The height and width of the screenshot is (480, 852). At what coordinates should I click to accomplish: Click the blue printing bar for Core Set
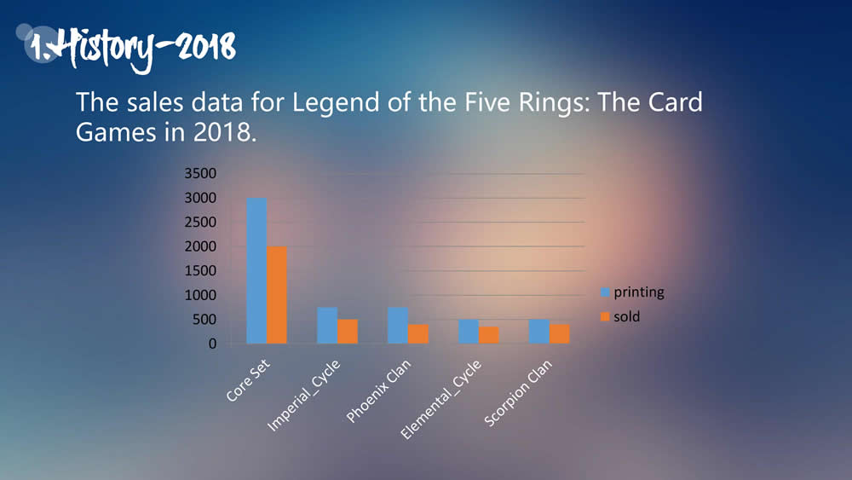[256, 270]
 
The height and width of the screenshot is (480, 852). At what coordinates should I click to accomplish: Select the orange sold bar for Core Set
[277, 295]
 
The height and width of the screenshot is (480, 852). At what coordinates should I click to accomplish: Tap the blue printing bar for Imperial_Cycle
[327, 326]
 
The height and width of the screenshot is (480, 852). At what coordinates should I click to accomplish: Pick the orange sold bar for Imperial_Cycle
[348, 332]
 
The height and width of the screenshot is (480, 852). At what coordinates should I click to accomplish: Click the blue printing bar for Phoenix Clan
[398, 326]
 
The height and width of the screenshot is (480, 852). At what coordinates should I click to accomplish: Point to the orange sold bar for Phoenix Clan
[418, 334]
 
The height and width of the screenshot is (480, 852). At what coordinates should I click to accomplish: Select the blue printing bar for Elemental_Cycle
[469, 332]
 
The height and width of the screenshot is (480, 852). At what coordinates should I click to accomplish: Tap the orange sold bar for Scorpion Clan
[560, 334]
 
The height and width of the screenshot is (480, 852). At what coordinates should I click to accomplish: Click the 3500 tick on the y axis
[201, 174]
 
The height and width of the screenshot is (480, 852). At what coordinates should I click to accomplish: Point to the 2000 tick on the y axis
[201, 247]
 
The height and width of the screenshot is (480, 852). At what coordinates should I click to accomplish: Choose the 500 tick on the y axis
[204, 321]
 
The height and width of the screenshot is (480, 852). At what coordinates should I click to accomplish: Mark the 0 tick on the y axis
[212, 344]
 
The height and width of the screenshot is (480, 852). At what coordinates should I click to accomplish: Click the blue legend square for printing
[606, 292]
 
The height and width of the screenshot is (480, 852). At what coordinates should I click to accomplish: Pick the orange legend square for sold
[606, 317]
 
